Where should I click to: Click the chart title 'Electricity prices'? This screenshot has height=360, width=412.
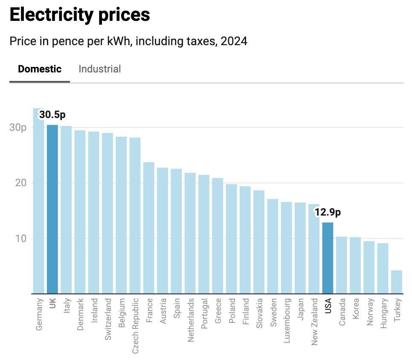79,15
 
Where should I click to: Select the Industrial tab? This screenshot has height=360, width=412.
99,69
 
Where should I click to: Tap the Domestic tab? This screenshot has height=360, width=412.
40,69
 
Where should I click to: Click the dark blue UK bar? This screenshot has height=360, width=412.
52,209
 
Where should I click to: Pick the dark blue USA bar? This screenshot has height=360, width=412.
328,258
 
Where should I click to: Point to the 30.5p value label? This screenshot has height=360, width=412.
52,115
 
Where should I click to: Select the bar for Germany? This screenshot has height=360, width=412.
38,200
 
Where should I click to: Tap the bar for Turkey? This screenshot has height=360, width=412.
396,282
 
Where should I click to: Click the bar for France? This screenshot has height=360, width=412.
148,228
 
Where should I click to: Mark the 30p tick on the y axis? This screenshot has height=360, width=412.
18,127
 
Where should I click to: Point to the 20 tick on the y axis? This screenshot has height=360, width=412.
21,183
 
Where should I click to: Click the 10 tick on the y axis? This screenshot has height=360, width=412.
21,238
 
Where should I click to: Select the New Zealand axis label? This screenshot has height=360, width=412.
314,322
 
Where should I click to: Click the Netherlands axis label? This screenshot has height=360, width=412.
190,320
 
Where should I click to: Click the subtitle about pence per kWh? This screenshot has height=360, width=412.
128,42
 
